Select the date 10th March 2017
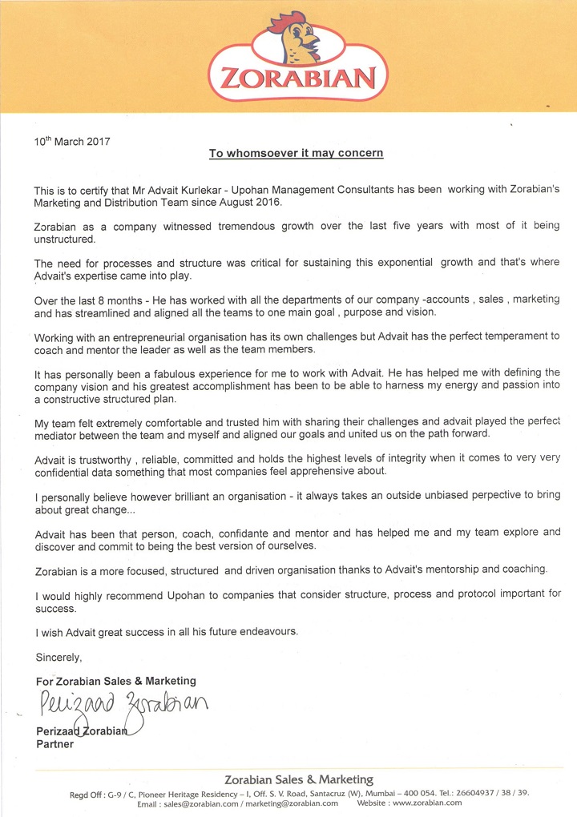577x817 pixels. pos(72,142)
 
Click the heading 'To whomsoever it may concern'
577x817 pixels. pos(296,152)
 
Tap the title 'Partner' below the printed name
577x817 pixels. pos(55,744)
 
